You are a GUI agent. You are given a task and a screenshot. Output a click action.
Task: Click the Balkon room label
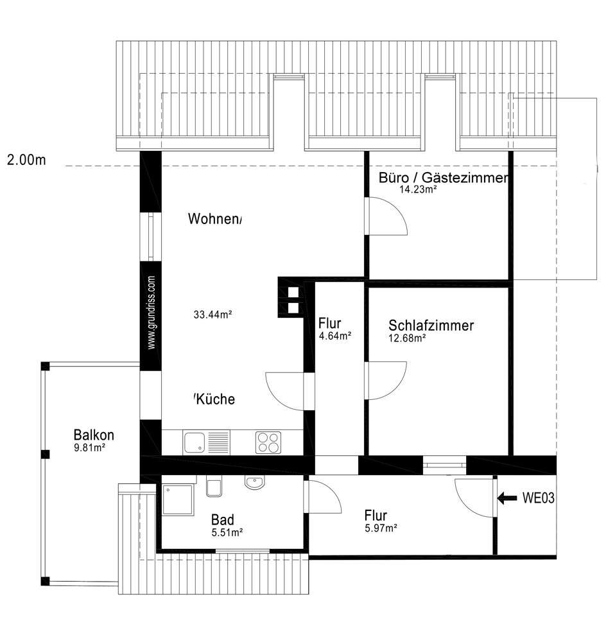pyautogui.click(x=94, y=435)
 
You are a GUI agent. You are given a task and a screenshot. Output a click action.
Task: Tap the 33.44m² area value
pyautogui.click(x=213, y=315)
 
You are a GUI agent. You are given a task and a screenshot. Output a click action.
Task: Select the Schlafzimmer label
pyautogui.click(x=431, y=325)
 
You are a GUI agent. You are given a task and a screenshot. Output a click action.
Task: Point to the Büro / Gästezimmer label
pyautogui.click(x=444, y=178)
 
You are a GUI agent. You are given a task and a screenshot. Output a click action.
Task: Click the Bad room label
pyautogui.click(x=223, y=520)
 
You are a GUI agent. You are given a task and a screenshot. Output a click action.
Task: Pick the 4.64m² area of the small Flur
pyautogui.click(x=335, y=336)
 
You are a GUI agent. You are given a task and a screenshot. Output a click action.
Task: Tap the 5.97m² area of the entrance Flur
pyautogui.click(x=381, y=528)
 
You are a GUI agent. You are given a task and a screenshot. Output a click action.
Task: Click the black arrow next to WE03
pyautogui.click(x=507, y=498)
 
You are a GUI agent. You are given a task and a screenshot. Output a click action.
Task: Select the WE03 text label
pyautogui.click(x=539, y=498)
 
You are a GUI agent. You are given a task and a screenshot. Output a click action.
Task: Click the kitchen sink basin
pyautogui.click(x=195, y=442)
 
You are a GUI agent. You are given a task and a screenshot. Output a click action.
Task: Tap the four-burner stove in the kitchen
pyautogui.click(x=268, y=442)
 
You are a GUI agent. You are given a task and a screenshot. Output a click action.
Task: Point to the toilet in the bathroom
pyautogui.click(x=214, y=486)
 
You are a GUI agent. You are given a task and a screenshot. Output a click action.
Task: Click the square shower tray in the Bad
pyautogui.click(x=178, y=499)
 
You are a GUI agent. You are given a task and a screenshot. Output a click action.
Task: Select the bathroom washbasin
pyautogui.click(x=255, y=482)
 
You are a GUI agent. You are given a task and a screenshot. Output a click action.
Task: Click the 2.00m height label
pyautogui.click(x=26, y=160)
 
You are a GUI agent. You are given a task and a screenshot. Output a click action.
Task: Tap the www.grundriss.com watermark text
pyautogui.click(x=151, y=313)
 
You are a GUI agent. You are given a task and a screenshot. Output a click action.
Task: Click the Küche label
pyautogui.click(x=215, y=399)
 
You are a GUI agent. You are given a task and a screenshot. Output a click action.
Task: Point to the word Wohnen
pyautogui.click(x=213, y=219)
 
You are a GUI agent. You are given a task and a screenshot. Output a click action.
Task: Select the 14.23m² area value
pyautogui.click(x=418, y=189)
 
